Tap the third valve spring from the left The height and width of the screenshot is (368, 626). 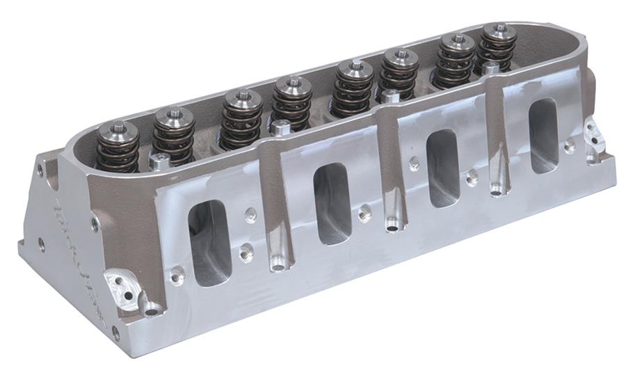coord(241,120)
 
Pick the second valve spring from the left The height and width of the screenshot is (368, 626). coord(174,136)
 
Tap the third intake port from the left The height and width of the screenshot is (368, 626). coord(443,168)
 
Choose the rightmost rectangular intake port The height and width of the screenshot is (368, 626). coord(543,135)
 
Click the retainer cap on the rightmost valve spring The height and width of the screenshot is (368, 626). coord(499,31)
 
